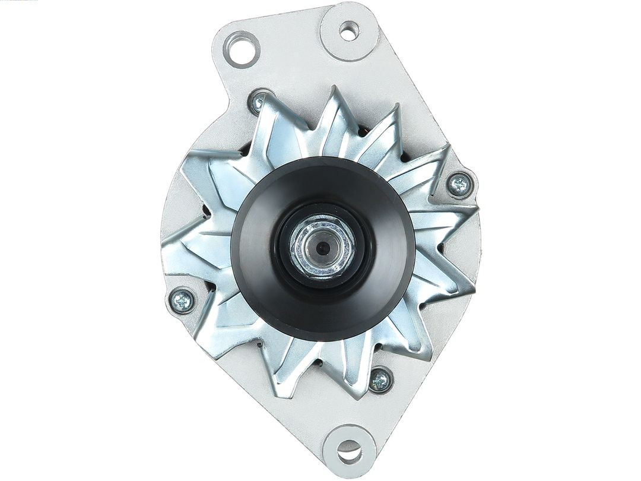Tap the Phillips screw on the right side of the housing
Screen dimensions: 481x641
coord(459,186)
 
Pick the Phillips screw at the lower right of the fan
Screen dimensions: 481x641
coord(380,379)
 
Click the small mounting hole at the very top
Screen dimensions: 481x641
coord(349,31)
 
